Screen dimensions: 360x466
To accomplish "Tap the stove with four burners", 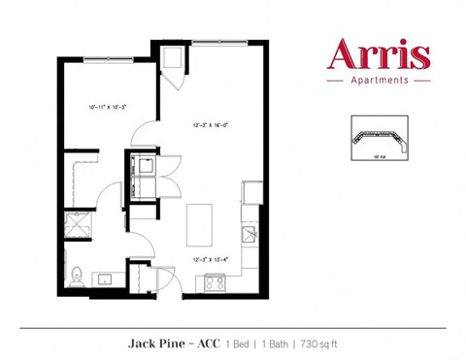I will click(x=214, y=283).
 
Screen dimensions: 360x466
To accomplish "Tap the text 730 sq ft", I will click(x=314, y=343).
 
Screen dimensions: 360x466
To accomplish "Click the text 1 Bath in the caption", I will click(x=274, y=343).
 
